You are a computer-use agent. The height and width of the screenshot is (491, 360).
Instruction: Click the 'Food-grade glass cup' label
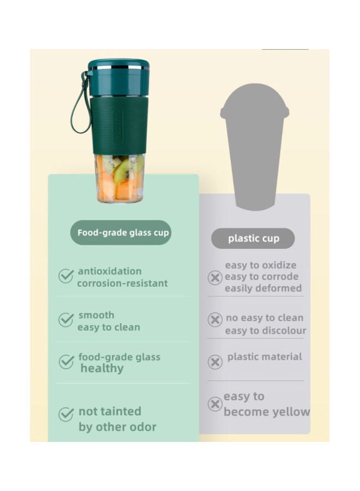121,232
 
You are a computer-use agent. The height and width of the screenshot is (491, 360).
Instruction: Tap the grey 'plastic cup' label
253,238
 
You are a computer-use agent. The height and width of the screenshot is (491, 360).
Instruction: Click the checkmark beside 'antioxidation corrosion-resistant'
66,276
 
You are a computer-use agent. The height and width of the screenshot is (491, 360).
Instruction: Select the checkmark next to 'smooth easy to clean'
66,319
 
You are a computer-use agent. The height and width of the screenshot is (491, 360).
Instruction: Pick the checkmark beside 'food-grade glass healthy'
66,362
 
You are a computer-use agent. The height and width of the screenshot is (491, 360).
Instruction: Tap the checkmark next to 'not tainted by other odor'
66,414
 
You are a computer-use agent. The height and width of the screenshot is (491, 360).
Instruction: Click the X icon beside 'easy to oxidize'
215,278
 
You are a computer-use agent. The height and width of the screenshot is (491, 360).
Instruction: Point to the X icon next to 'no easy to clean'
215,320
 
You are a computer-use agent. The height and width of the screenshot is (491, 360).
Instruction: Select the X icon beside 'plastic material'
215,362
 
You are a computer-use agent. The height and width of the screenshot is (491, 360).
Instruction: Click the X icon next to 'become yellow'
215,404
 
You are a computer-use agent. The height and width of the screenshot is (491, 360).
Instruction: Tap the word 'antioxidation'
110,271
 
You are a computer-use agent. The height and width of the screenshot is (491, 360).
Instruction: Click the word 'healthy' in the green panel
102,369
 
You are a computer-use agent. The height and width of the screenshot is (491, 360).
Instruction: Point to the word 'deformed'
283,288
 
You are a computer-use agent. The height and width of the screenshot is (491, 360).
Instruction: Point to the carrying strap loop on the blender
80,103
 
